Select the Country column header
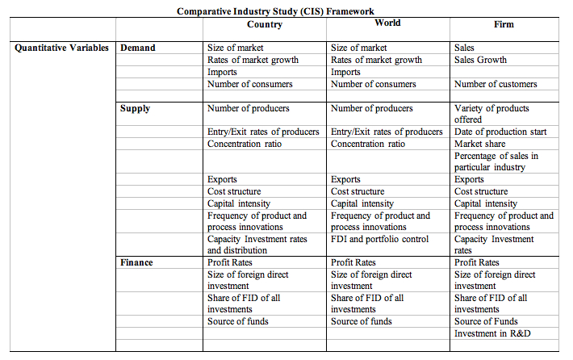pyautogui.click(x=265, y=24)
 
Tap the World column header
pyautogui.click(x=387, y=23)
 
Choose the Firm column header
pyautogui.click(x=504, y=24)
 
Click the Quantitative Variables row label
pyautogui.click(x=61, y=48)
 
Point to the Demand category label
pyautogui.click(x=138, y=48)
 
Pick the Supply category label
pyautogui.click(x=136, y=108)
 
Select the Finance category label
pyautogui.click(x=137, y=263)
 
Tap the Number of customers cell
pyautogui.click(x=496, y=84)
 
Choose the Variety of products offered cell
pyautogui.click(x=491, y=114)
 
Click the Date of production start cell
pyautogui.click(x=500, y=132)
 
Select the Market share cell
pyautogui.click(x=480, y=144)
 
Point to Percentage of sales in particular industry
pyautogui.click(x=496, y=161)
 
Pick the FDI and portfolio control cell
pyautogui.click(x=380, y=239)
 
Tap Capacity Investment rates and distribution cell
pyautogui.click(x=257, y=245)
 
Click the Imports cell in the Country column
pyautogui.click(x=223, y=72)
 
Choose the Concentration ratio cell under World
pyautogui.click(x=368, y=144)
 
